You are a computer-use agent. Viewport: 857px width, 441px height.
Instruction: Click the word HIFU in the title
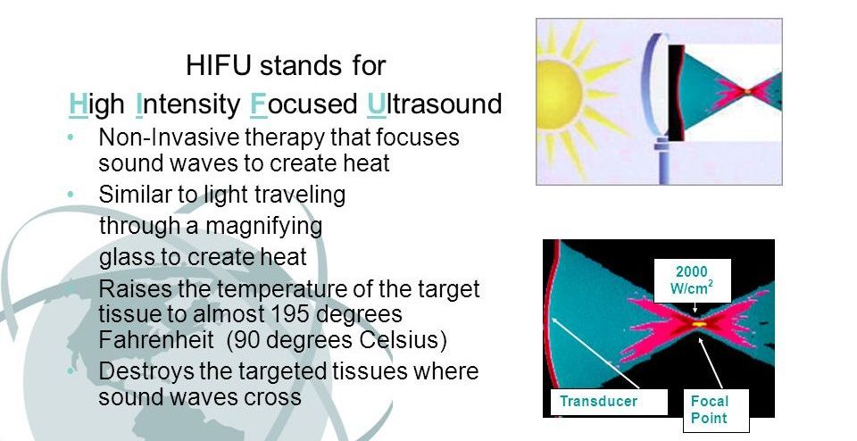pyautogui.click(x=219, y=65)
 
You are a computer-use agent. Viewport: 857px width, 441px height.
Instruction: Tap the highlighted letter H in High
pyautogui.click(x=79, y=104)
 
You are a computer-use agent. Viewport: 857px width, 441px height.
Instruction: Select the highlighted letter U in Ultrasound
pyautogui.click(x=376, y=104)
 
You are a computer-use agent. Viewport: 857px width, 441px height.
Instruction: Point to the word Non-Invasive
pyautogui.click(x=169, y=137)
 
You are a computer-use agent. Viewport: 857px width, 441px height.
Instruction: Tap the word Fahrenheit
pyautogui.click(x=155, y=339)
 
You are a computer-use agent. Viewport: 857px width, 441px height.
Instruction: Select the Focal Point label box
pyautogui.click(x=716, y=410)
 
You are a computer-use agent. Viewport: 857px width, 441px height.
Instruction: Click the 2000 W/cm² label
pyautogui.click(x=693, y=279)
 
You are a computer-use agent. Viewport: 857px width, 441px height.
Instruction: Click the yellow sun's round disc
pyautogui.click(x=557, y=95)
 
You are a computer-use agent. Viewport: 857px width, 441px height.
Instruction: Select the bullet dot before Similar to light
pyautogui.click(x=70, y=194)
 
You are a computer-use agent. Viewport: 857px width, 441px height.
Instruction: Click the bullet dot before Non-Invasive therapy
pyautogui.click(x=70, y=137)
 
